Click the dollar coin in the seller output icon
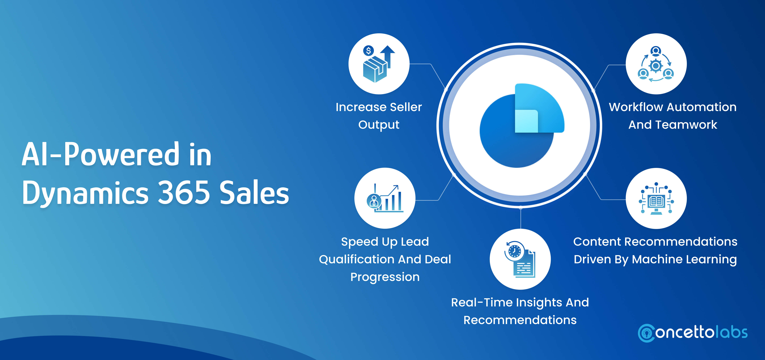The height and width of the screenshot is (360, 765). pyautogui.click(x=369, y=51)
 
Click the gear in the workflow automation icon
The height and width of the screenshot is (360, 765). pyautogui.click(x=656, y=66)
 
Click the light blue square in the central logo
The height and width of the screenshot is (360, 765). pyautogui.click(x=526, y=121)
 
